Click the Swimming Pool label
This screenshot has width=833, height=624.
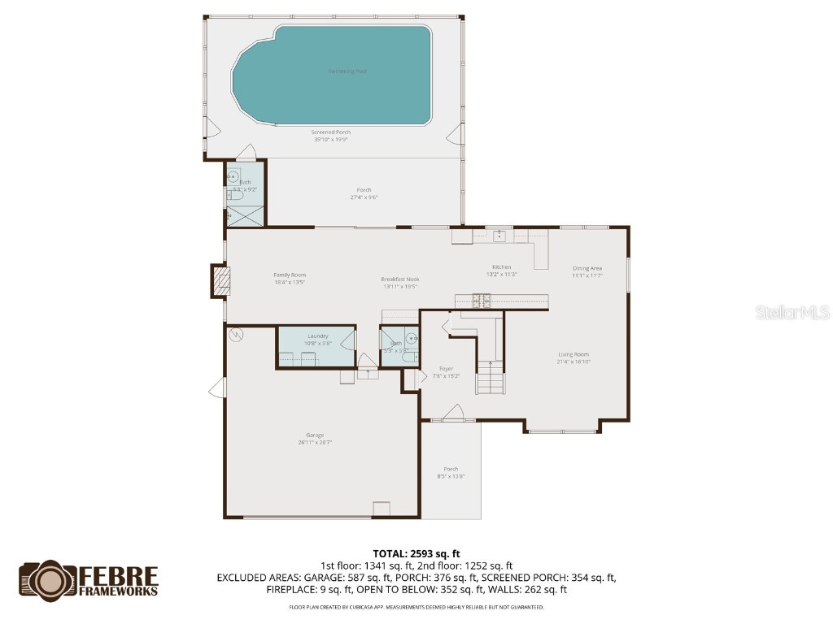coord(347,71)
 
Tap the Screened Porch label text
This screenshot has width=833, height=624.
coord(330,132)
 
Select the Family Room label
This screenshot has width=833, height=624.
coord(290,275)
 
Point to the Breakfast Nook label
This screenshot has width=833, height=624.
coord(399,279)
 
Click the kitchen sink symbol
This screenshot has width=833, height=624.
coord(499,236)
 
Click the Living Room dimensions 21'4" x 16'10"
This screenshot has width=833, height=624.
coord(574,362)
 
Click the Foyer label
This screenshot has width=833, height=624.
coord(447,369)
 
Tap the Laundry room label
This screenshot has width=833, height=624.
coord(317,336)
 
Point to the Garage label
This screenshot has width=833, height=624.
coord(315,435)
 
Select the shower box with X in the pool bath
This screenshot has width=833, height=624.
coord(246,215)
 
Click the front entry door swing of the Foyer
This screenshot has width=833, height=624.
coord(454,413)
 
